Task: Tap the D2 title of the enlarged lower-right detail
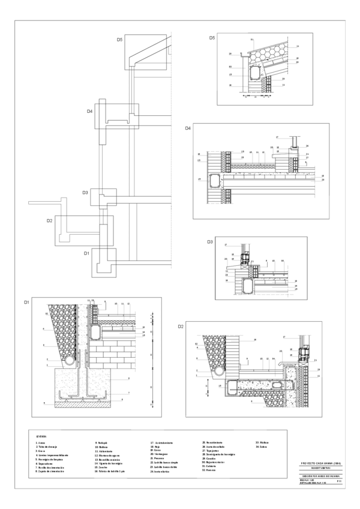pyautogui.click(x=181, y=326)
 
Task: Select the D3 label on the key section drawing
pyautogui.click(x=85, y=193)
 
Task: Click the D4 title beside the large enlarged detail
pyautogui.click(x=188, y=128)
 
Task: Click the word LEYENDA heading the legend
pyautogui.click(x=41, y=436)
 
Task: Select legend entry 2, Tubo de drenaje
pyautogui.click(x=47, y=447)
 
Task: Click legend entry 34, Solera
pyautogui.click(x=262, y=447)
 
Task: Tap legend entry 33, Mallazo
pyautogui.click(x=262, y=442)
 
